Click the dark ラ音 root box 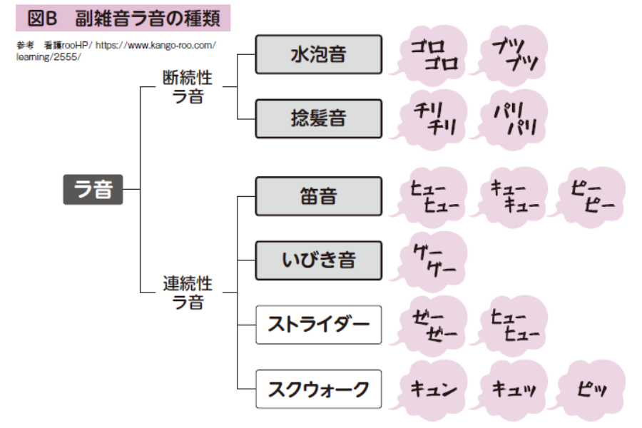point(93,190)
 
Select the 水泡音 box point(318,53)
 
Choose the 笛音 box point(318,195)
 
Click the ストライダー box point(318,325)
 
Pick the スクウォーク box point(318,389)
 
